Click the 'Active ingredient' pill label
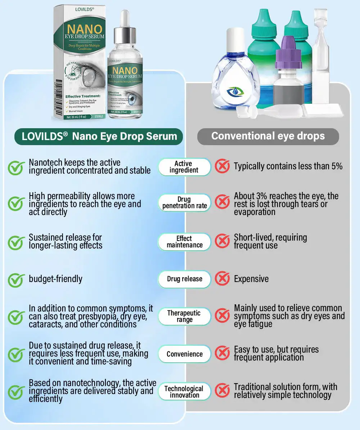184,167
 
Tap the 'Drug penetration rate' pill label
184,203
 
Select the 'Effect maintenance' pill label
184,242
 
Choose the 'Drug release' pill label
184,279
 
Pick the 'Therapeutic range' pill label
184,316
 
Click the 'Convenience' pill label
184,354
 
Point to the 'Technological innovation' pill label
184,391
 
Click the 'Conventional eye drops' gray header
268,136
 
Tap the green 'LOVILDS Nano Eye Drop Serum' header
99,136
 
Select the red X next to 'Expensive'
222,279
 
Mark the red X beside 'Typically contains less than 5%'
222,166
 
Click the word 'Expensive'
251,279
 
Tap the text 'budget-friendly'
55,279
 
